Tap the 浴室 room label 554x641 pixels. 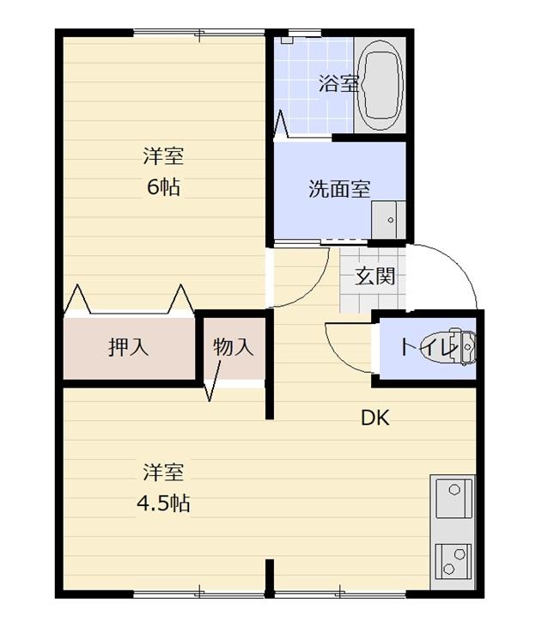pyautogui.click(x=338, y=83)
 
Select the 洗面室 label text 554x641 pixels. pyautogui.click(x=339, y=189)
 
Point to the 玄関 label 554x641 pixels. pyautogui.click(x=375, y=277)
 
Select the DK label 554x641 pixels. pyautogui.click(x=375, y=418)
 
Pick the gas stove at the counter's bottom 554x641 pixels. pyautogui.click(x=453, y=559)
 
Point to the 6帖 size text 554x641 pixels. pyautogui.click(x=162, y=186)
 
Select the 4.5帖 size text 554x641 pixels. pyautogui.click(x=162, y=503)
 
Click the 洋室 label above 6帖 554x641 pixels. pyautogui.click(x=162, y=156)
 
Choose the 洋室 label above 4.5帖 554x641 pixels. pyautogui.click(x=162, y=472)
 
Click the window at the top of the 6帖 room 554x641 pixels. pyautogui.click(x=198, y=34)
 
